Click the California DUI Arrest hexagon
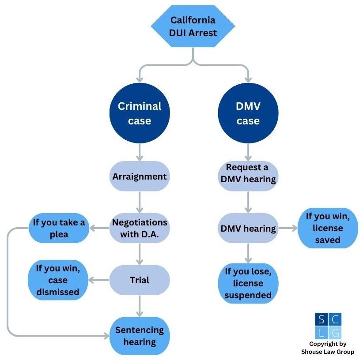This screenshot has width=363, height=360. point(193,26)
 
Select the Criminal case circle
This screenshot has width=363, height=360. point(140,113)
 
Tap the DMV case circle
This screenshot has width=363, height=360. point(248,113)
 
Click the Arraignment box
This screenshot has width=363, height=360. point(140,176)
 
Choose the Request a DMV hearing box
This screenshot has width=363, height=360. point(248,174)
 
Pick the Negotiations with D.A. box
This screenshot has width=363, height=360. point(140,228)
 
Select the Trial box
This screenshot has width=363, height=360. point(140,280)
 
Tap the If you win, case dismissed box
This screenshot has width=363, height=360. point(58,280)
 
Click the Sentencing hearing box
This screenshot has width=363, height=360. point(140,336)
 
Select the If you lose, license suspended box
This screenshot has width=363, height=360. point(248,283)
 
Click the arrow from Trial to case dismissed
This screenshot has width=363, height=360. point(99,280)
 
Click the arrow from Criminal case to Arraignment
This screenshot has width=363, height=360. point(140,152)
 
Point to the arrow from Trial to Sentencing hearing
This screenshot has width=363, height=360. point(140,306)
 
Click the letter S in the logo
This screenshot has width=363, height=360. point(321,319)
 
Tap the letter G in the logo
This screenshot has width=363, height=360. point(335,333)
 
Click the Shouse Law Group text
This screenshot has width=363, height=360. point(328,352)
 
